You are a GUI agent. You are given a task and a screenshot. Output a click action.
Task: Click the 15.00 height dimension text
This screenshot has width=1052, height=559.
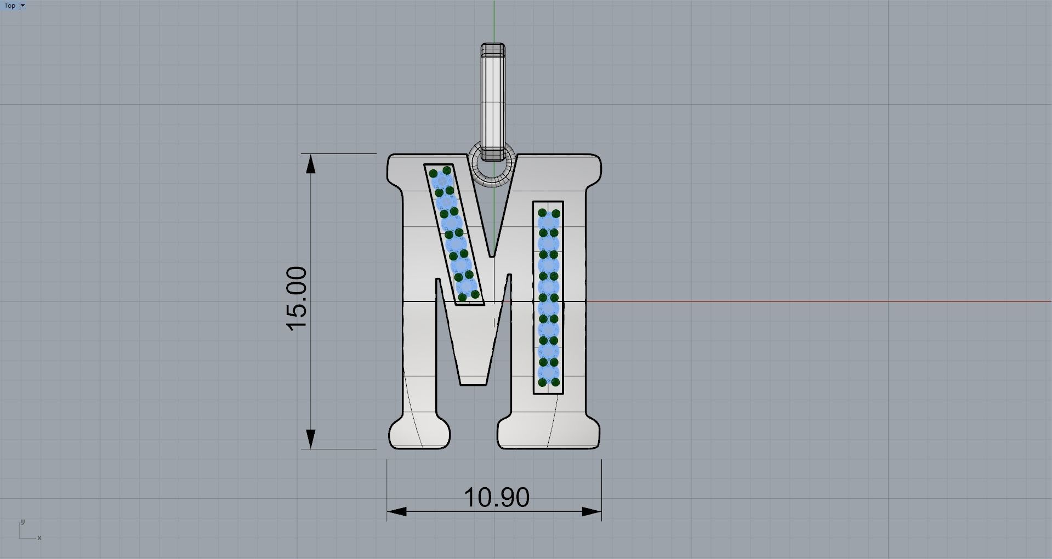[297, 299]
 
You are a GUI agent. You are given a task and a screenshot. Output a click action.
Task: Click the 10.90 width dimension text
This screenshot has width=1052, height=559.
[497, 497]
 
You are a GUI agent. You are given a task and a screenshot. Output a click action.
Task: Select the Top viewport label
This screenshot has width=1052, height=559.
[10, 5]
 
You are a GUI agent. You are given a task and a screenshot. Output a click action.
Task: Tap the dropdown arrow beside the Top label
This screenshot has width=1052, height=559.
[22, 5]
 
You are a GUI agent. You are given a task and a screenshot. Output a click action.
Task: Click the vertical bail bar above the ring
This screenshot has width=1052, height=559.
[493, 102]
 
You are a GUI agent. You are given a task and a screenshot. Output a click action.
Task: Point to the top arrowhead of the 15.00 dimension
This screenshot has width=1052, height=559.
[311, 164]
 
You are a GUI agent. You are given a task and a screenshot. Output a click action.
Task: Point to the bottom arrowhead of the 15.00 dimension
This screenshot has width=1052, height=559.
[311, 439]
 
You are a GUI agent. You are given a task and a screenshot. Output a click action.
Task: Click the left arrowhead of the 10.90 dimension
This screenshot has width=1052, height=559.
[397, 511]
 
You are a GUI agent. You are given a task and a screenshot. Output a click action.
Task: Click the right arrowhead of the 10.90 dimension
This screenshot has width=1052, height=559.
[592, 511]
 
